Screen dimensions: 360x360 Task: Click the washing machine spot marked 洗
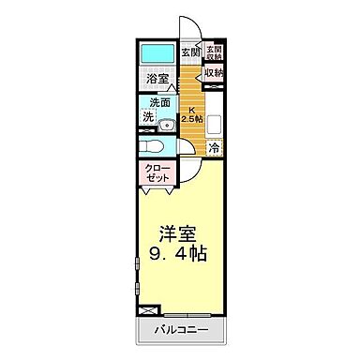(148, 117)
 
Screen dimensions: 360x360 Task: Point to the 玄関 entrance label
(190, 52)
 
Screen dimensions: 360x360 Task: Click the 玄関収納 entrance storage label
(214, 52)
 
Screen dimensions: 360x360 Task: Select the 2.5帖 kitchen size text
(192, 120)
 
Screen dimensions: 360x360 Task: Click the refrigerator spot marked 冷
(215, 147)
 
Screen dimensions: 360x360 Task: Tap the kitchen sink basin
(214, 123)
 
